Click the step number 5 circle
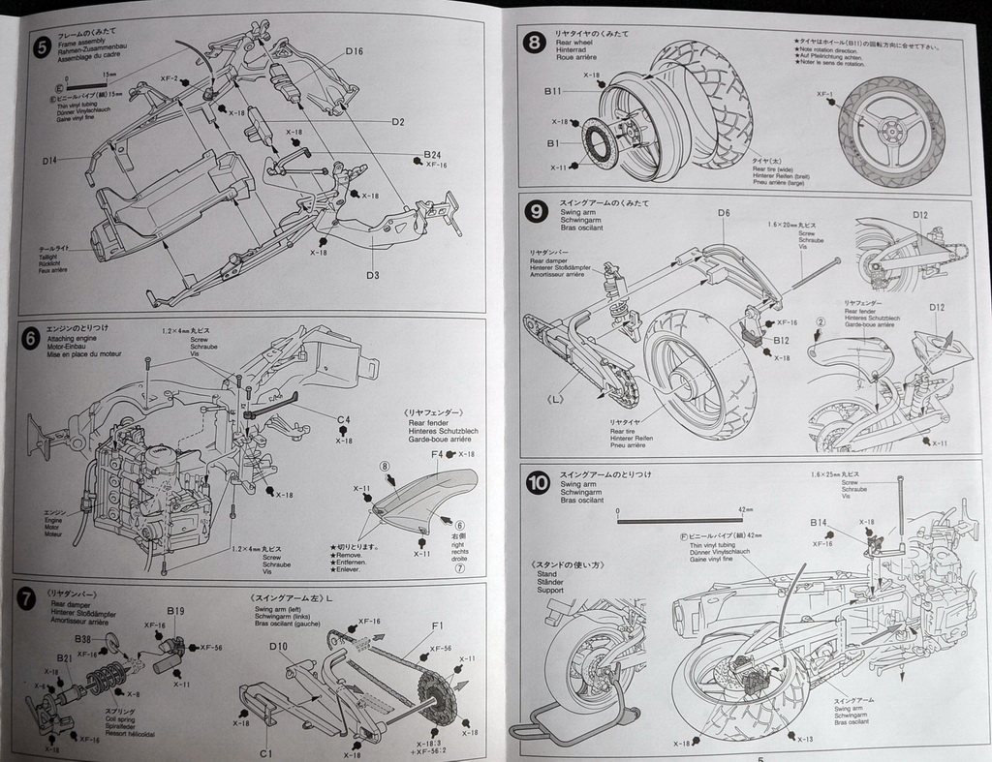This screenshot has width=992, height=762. pyautogui.click(x=40, y=45)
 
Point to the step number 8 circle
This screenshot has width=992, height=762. pyautogui.click(x=534, y=42)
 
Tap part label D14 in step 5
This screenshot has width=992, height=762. pyautogui.click(x=50, y=159)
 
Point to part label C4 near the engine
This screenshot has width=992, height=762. pyautogui.click(x=343, y=419)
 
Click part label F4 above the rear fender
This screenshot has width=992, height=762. pyautogui.click(x=437, y=453)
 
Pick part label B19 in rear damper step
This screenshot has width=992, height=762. pyautogui.click(x=175, y=611)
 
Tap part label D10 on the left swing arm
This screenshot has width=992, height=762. pyautogui.click(x=279, y=646)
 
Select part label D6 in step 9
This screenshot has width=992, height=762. pyautogui.click(x=724, y=213)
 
